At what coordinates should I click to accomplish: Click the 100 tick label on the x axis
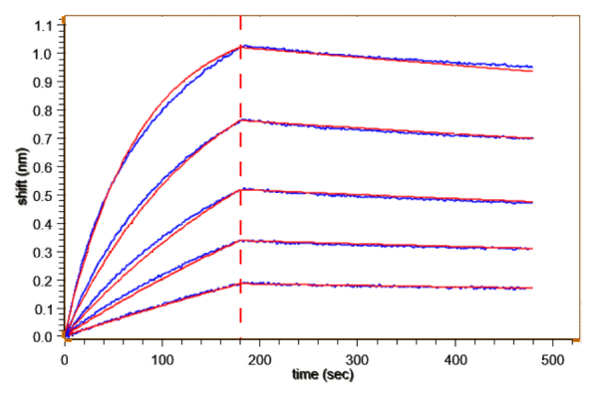coord(162,355)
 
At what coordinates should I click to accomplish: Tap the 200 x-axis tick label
coord(260,355)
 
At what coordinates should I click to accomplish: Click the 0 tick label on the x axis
coord(66,355)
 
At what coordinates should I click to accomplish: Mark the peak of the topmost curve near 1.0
coord(241,46)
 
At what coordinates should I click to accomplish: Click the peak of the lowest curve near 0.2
coord(241,284)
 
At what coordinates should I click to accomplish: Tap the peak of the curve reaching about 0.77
coord(241,119)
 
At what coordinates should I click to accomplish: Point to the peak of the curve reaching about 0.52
coord(241,189)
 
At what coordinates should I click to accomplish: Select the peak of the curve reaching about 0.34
coord(241,241)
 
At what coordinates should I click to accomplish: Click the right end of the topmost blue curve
coord(533,67)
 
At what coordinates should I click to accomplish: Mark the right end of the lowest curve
coord(533,288)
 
